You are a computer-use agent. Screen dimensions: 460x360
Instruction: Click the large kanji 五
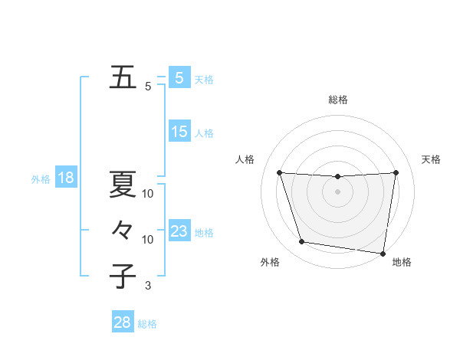click(123, 78)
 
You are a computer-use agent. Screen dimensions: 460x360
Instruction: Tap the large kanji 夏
click(123, 184)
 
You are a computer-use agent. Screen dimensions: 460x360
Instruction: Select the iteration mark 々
click(123, 230)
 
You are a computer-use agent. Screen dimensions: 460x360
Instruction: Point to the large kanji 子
click(123, 276)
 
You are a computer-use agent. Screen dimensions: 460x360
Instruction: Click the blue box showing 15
click(179, 132)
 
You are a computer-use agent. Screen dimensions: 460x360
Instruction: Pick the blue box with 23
click(179, 231)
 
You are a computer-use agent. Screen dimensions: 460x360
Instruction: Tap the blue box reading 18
click(66, 178)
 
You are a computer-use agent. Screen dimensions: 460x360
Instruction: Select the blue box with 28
click(123, 322)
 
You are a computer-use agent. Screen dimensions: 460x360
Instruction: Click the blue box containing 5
click(179, 77)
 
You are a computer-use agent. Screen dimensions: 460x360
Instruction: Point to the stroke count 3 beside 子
click(148, 286)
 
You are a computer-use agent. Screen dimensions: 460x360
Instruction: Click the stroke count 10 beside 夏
click(148, 194)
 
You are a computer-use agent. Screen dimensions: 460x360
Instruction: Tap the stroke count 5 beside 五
click(148, 87)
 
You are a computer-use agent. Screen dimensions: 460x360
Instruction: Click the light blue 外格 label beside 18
click(41, 180)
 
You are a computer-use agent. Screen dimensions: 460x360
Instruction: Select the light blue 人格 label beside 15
click(204, 133)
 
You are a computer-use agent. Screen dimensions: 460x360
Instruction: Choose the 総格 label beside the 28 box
click(147, 324)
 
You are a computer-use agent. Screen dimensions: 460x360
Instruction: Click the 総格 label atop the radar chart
click(337, 100)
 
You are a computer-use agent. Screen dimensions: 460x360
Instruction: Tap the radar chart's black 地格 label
click(402, 263)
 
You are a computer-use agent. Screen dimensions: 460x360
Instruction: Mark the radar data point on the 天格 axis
click(396, 172)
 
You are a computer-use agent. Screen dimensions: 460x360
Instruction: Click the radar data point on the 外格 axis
click(302, 242)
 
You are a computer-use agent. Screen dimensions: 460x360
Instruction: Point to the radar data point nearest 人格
click(279, 173)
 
